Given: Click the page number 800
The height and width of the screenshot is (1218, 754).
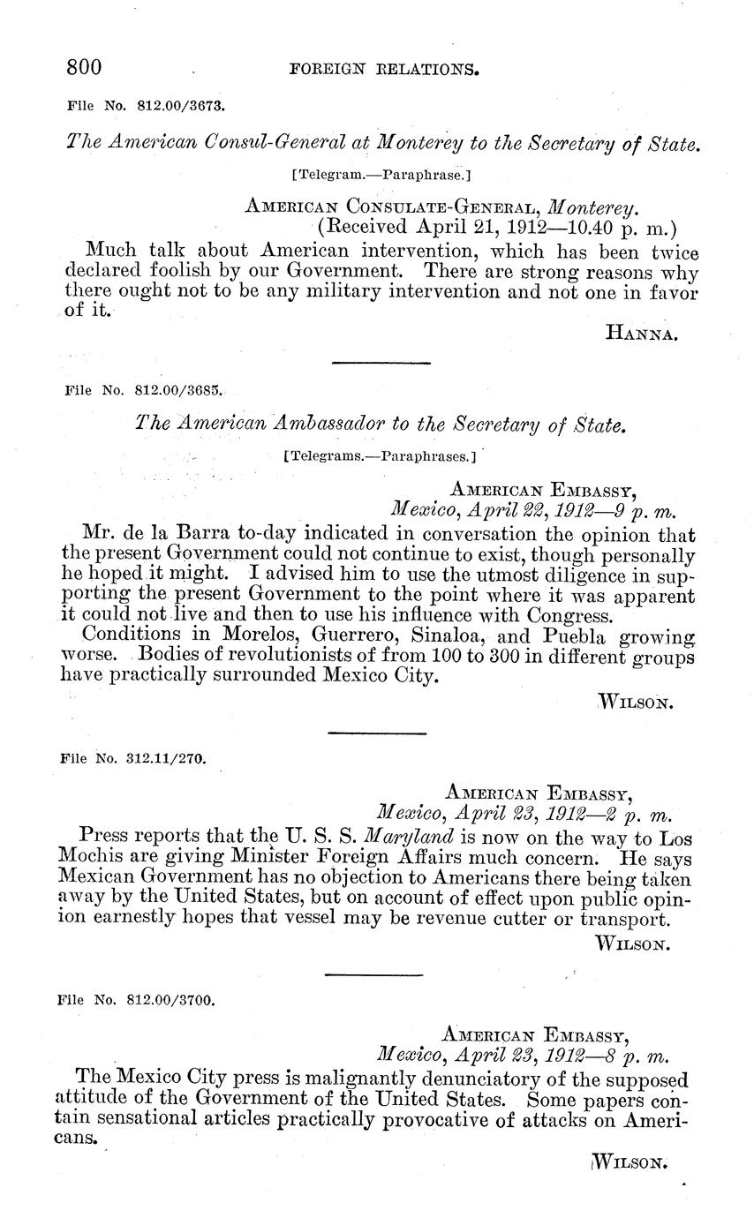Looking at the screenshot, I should point(85,67).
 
